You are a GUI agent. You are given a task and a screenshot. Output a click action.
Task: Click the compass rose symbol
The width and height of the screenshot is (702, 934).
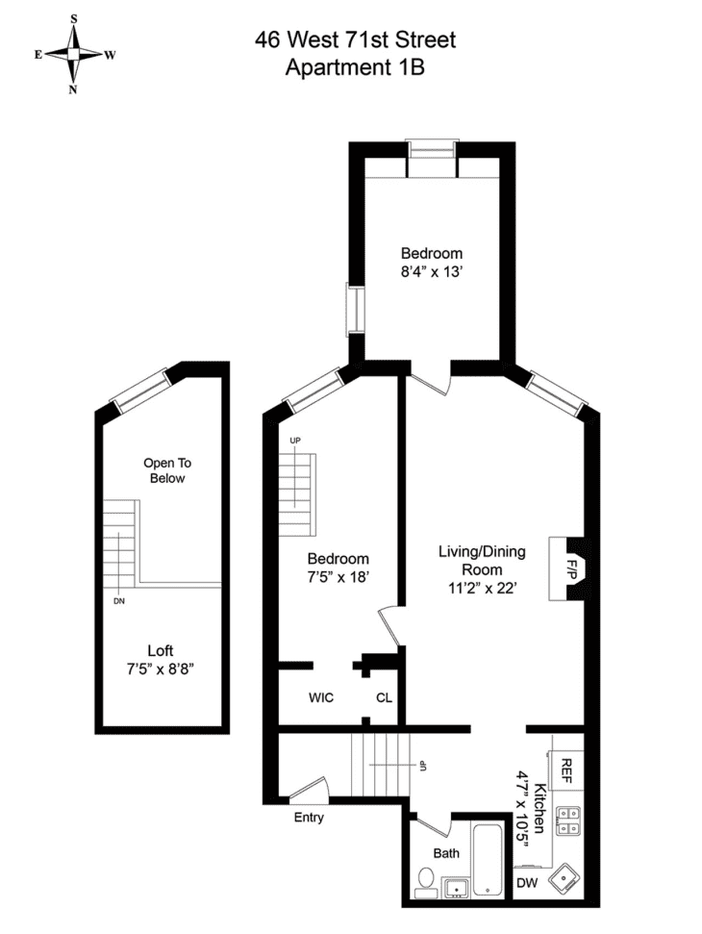(74, 55)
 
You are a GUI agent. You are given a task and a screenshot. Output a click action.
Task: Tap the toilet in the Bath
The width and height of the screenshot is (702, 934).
(425, 878)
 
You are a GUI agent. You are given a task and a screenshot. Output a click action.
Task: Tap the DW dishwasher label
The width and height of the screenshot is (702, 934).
(527, 882)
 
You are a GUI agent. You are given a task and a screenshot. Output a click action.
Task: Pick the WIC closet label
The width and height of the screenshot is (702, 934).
(321, 697)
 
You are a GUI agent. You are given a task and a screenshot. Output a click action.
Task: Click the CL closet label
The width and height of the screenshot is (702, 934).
(384, 697)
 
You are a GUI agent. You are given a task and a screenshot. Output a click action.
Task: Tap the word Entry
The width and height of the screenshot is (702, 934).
(308, 819)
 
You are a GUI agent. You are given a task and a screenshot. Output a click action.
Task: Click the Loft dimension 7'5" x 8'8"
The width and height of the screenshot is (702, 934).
(161, 669)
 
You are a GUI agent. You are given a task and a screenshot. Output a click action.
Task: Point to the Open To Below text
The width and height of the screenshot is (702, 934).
(164, 469)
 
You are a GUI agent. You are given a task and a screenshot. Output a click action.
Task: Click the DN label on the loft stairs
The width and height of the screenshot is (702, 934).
(119, 602)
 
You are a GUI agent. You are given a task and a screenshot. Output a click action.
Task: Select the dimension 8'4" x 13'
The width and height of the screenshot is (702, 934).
(432, 271)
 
